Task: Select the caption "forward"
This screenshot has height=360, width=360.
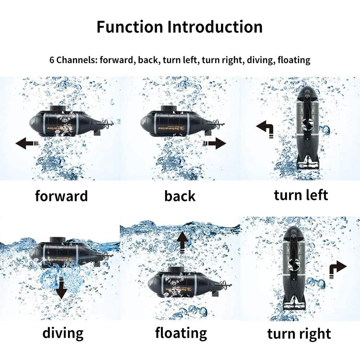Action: coord(61,196)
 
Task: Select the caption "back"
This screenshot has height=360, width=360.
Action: coord(180,196)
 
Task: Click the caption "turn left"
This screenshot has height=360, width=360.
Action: coord(301,195)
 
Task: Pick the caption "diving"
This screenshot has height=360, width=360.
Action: coord(63,333)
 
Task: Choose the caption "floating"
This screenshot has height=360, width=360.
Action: coord(181,333)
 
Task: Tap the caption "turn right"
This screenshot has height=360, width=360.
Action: coord(299,334)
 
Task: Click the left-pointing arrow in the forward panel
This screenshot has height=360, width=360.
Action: coord(26,143)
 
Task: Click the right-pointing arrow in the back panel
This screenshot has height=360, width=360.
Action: coord(215,143)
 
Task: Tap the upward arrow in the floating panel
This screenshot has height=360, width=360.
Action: coord(182,242)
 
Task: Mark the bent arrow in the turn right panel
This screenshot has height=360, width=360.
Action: coord(338,269)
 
